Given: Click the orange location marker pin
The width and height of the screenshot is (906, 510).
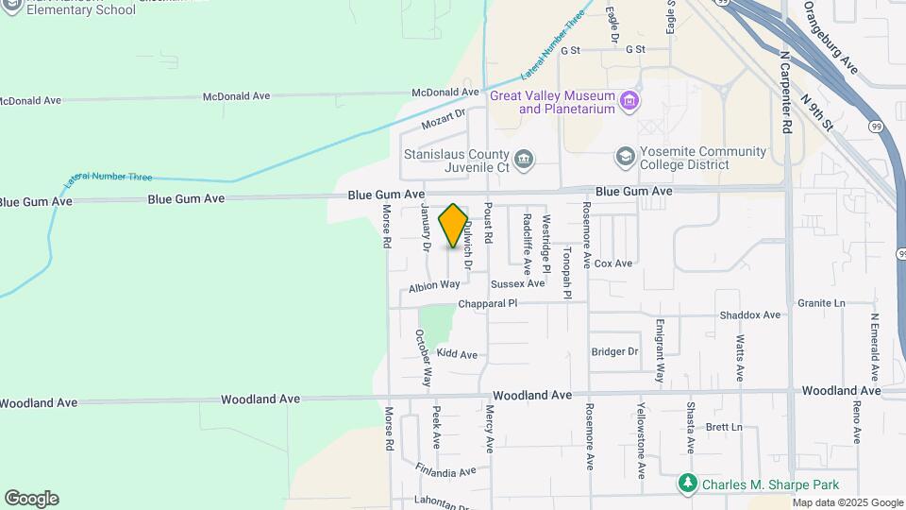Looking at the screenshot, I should click(454, 226).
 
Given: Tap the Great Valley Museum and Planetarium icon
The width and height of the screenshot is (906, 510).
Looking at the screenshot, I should click(629, 99).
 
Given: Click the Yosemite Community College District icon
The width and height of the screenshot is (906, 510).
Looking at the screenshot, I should click(624, 155).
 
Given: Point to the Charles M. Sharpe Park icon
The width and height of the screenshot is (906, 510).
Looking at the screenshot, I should click(688, 484).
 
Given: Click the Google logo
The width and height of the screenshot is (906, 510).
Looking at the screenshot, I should click(31, 499).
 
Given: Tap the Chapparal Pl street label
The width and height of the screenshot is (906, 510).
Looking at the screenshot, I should click(488, 304).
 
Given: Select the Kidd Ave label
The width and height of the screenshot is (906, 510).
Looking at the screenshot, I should click(457, 354).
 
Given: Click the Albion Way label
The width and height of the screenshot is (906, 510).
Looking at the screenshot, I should click(434, 284).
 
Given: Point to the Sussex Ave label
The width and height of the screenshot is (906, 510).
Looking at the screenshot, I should click(518, 283).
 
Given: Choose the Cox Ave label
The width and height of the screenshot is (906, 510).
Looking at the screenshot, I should click(612, 263).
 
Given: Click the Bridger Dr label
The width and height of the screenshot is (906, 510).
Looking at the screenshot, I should click(614, 351).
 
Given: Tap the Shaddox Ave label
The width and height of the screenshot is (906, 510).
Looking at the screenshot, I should click(750, 314).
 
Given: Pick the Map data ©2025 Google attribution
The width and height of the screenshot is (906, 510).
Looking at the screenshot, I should click(847, 502).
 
